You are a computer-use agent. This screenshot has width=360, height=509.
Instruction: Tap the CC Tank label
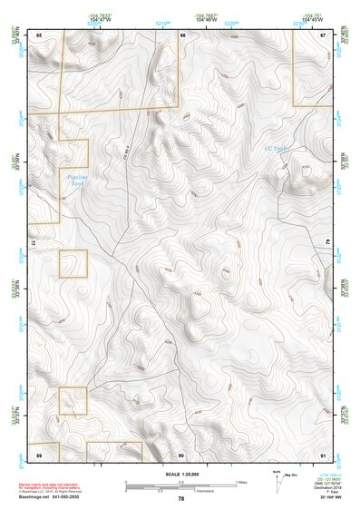[274, 148]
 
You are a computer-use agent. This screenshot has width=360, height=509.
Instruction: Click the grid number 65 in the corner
[40, 34]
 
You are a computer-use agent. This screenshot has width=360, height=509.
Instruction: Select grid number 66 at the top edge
[182, 34]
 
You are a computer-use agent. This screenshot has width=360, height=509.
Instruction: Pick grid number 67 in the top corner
[323, 34]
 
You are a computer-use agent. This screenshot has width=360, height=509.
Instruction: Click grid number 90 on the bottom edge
[181, 454]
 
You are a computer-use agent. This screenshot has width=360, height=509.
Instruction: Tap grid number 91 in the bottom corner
[323, 454]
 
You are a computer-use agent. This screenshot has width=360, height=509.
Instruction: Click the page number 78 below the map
[181, 498]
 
